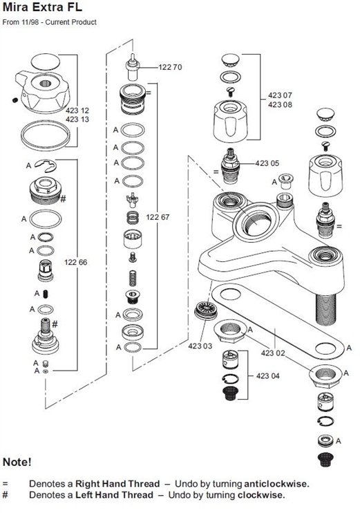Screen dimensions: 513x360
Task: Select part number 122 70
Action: click(170, 67)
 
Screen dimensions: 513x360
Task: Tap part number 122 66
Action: click(75, 262)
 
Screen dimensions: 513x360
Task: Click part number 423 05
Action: click(267, 163)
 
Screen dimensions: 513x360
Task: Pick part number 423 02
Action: click(273, 353)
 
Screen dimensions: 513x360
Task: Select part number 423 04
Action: click(267, 376)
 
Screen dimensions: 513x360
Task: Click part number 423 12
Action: click(77, 110)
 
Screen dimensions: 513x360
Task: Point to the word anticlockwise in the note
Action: click(273, 483)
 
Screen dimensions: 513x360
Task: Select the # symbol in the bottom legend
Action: click(5, 495)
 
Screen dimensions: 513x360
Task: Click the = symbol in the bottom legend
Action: click(5, 483)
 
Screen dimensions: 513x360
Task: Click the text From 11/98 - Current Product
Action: click(50, 23)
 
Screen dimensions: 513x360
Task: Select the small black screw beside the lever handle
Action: click(15, 102)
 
